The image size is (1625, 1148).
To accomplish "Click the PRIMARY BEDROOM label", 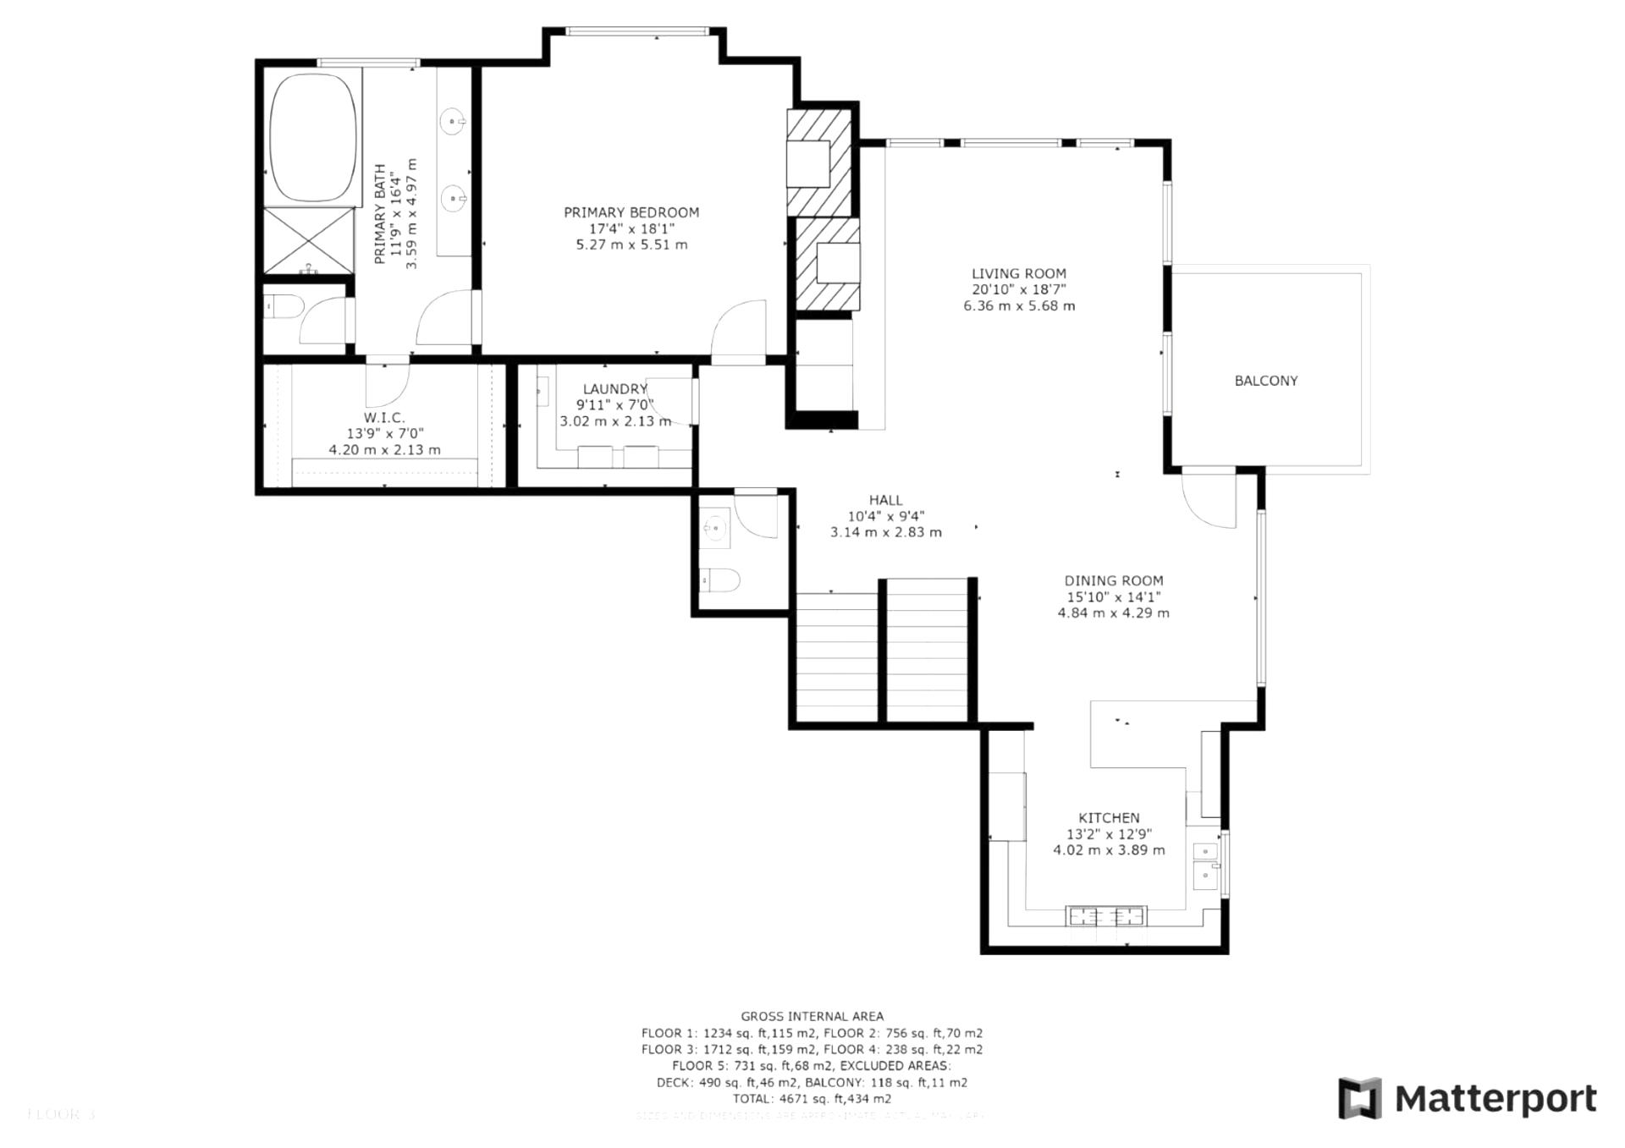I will point(631,212).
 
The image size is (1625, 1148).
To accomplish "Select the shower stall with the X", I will point(308,240).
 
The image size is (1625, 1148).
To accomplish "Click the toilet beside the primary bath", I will point(283,307).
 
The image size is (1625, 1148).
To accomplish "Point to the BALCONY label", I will point(1265,381).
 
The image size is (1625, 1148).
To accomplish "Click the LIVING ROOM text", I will point(1018,273).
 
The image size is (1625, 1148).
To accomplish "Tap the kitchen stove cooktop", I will point(1106,915).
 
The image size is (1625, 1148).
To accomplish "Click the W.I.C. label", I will point(384,418).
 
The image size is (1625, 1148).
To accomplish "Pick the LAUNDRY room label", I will point(614,389).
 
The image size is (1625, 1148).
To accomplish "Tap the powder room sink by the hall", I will point(715,528).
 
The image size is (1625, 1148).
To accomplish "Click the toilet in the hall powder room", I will point(719,580).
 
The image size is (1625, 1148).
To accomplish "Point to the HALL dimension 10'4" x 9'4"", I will point(885,516).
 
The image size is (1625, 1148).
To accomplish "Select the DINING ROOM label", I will point(1113,580).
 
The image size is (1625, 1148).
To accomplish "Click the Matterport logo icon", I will point(1358,1098).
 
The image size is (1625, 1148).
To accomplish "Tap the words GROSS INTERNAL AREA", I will point(812,1016).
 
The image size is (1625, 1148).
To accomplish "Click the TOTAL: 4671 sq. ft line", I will point(812,1099).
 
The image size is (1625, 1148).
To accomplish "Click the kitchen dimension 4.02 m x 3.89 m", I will point(1108,850).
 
